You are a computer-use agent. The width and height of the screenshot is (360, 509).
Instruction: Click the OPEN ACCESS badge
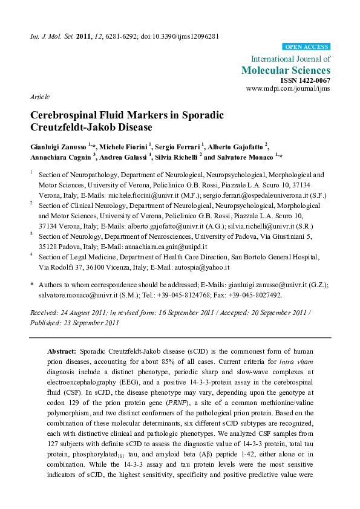306,47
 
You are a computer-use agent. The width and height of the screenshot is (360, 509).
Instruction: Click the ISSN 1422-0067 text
306,80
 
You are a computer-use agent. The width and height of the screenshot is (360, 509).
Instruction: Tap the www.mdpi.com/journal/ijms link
289,88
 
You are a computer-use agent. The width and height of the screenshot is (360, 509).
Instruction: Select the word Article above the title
39,97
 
